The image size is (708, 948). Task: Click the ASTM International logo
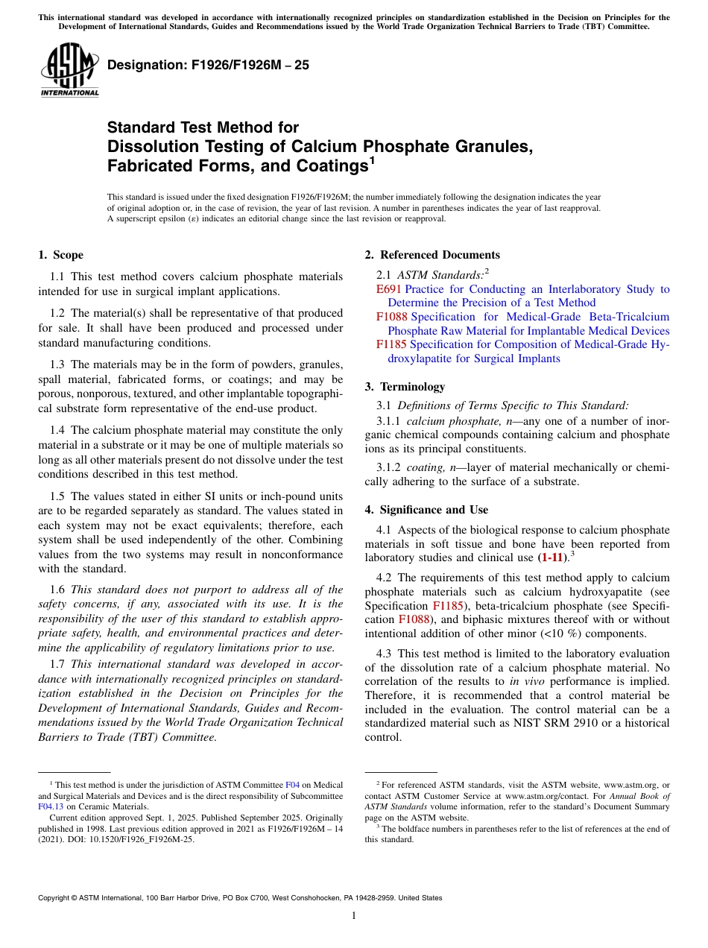click(x=69, y=72)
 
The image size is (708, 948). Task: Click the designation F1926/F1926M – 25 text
click(x=208, y=65)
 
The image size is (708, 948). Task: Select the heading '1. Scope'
click(x=60, y=255)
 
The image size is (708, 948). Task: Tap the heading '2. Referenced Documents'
click(x=432, y=255)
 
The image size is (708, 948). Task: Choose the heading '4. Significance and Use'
click(x=426, y=510)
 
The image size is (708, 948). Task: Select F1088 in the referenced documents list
click(x=391, y=317)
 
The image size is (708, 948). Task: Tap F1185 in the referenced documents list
click(x=391, y=344)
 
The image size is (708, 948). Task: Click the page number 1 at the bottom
click(x=354, y=916)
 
